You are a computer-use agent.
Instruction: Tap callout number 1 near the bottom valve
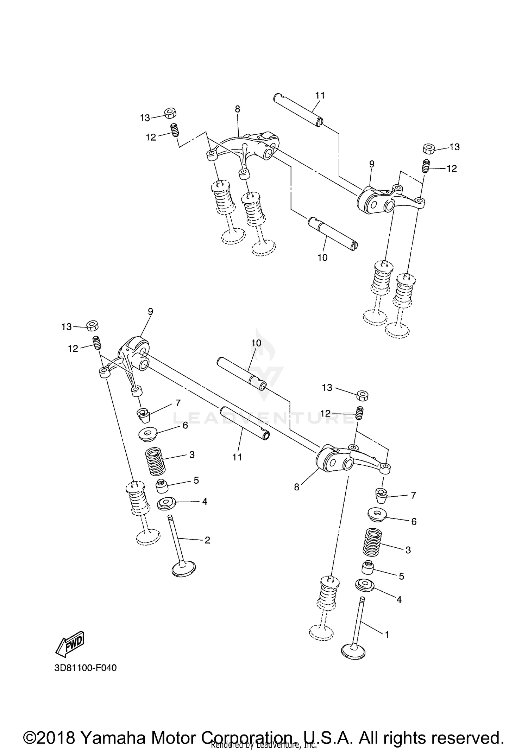[x=387, y=635]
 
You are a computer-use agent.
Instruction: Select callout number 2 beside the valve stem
[x=207, y=540]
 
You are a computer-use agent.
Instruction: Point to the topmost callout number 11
[x=320, y=95]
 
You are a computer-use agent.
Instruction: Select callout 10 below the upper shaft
[x=322, y=257]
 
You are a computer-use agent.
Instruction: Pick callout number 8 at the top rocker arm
[x=238, y=109]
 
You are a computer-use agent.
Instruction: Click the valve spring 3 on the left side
[x=155, y=460]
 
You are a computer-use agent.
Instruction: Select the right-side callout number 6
[x=414, y=522]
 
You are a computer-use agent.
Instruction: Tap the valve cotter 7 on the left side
[x=143, y=415]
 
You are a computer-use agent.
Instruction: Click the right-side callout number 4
[x=399, y=599]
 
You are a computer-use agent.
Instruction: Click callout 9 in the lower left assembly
[x=150, y=311]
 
